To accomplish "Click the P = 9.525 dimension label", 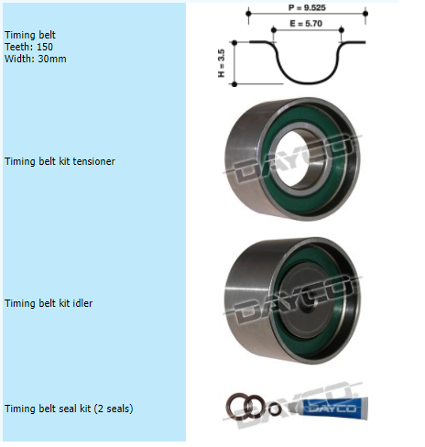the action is [307, 7].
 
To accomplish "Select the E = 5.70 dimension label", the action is [306, 24].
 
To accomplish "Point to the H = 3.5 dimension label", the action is [222, 63].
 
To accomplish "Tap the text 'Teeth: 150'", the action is [28, 47].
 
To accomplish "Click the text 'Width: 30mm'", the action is [36, 59].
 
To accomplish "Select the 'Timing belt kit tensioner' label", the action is [60, 161].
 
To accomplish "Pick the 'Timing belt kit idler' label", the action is [49, 303].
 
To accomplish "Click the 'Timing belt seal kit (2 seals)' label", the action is [69, 409].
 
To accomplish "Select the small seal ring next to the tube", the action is [275, 409].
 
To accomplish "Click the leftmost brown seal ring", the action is [237, 406].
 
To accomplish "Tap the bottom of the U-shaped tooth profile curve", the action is [309, 82].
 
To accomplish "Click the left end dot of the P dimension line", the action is [248, 14].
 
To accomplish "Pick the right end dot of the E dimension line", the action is [342, 29].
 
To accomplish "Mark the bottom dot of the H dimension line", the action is [234, 84].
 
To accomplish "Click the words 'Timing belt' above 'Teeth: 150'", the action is [30, 35].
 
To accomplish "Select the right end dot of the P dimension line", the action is [365, 14].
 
